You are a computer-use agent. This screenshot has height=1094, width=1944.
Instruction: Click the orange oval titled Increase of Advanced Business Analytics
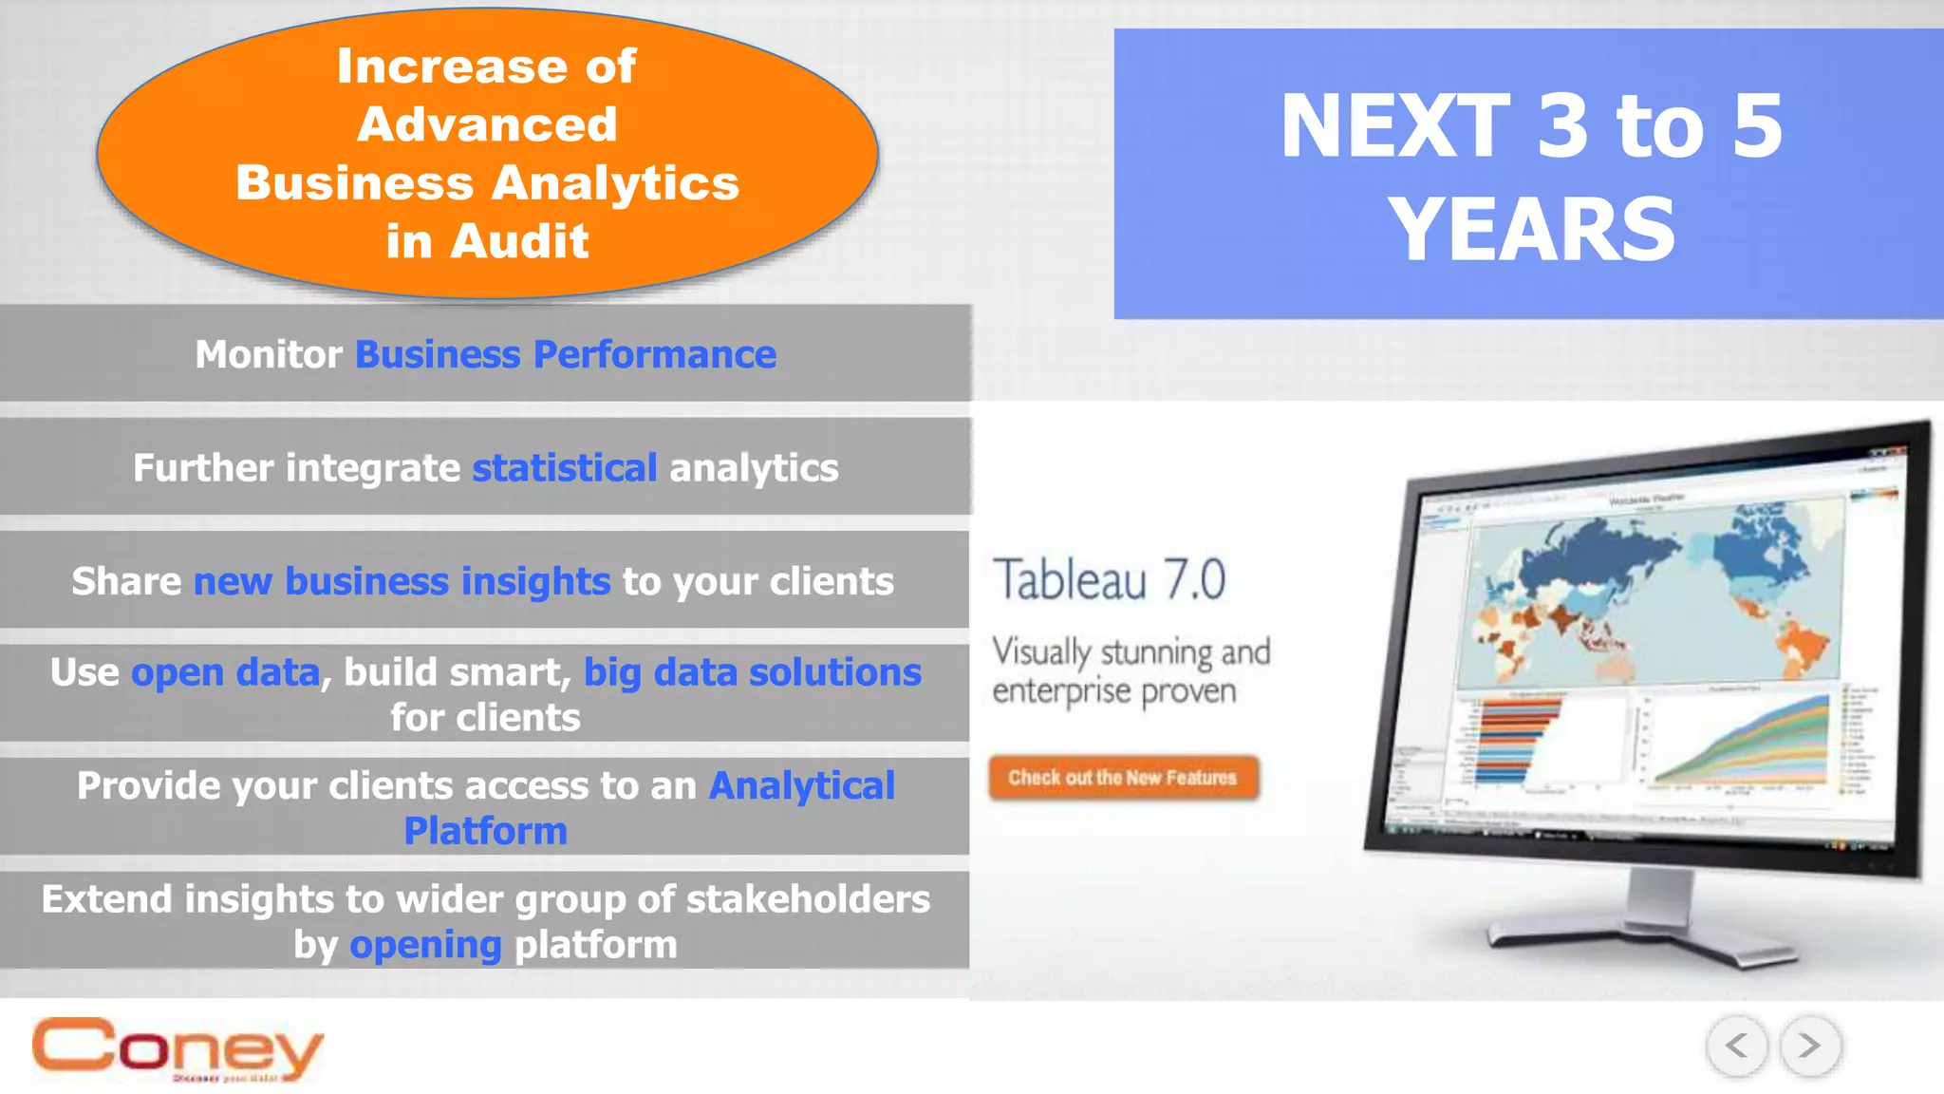(x=487, y=152)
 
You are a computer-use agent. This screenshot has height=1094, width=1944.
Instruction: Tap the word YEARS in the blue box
(x=1531, y=230)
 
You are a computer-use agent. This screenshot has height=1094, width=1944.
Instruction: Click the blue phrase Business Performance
(x=566, y=354)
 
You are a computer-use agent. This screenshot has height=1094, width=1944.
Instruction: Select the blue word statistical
(x=564, y=468)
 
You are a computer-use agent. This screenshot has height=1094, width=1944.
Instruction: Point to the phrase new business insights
(x=402, y=581)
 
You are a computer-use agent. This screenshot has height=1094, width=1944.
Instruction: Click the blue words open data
(x=225, y=672)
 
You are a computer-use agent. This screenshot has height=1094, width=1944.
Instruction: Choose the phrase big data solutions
(x=752, y=672)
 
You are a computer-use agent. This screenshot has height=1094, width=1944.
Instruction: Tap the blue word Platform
(x=486, y=831)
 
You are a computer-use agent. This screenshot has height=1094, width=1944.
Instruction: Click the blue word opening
(x=425, y=945)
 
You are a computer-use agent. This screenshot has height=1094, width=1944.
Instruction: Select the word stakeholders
(x=808, y=899)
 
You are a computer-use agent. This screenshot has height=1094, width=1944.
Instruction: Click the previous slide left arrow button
(x=1737, y=1046)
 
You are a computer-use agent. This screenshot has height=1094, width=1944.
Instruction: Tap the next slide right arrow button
(x=1810, y=1046)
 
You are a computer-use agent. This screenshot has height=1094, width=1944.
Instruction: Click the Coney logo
(x=178, y=1048)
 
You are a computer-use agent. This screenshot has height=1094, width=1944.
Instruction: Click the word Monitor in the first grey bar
(x=268, y=354)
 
